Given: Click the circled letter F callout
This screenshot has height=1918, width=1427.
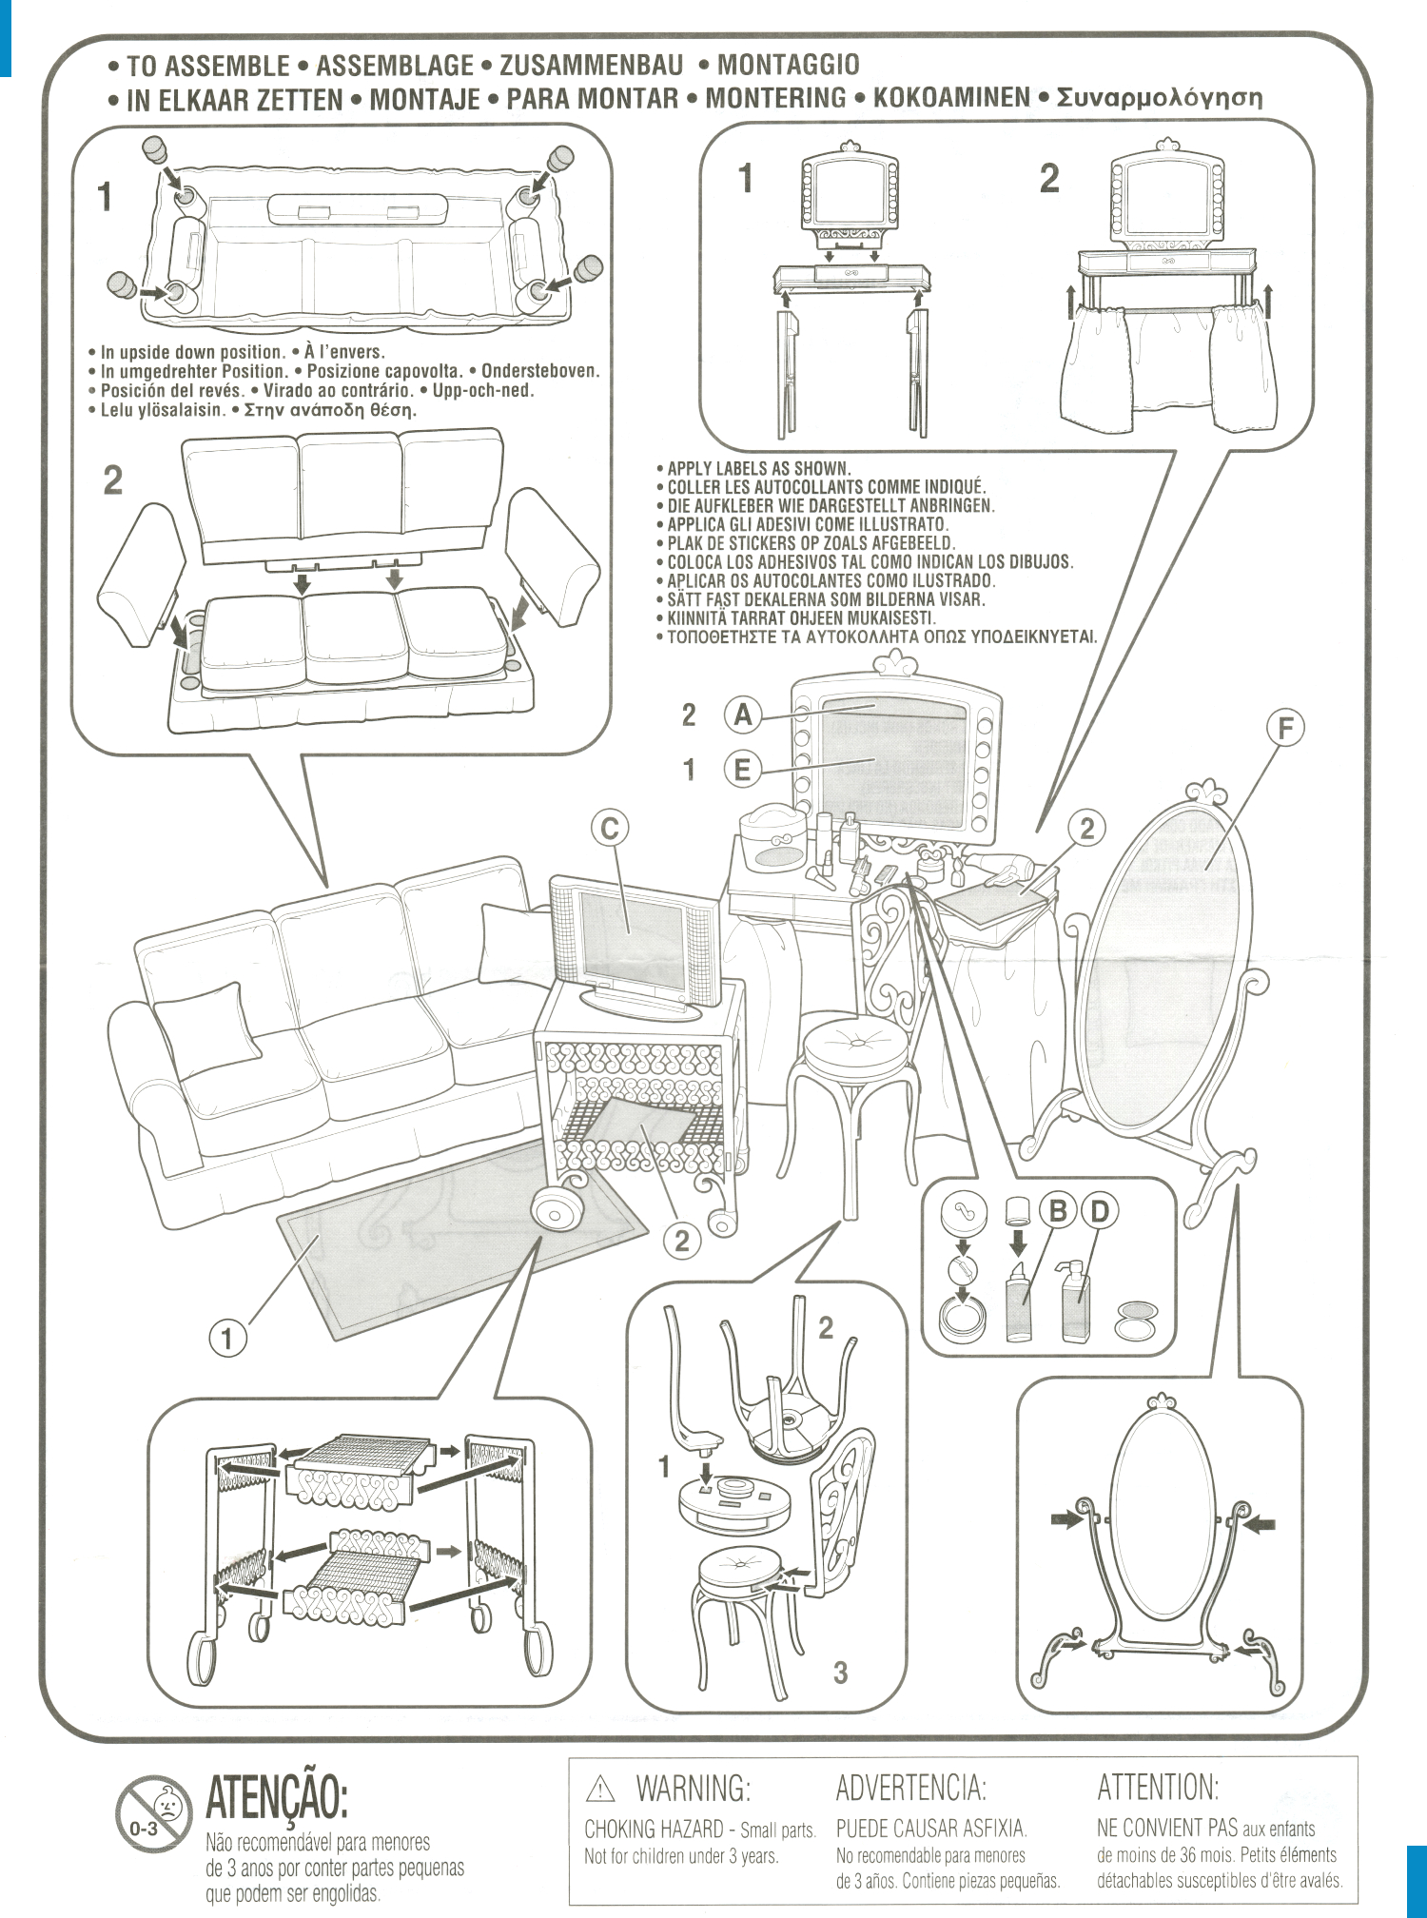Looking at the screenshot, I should coord(1285,729).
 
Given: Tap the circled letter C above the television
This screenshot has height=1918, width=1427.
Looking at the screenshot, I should coord(610,828).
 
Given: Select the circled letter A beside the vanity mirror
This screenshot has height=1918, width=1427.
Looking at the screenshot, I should coord(743,714).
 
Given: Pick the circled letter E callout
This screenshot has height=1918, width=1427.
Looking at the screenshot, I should coord(743,769).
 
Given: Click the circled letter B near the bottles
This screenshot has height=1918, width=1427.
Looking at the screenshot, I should coord(1056,1211).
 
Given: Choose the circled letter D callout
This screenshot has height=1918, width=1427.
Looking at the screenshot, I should coord(1099,1211).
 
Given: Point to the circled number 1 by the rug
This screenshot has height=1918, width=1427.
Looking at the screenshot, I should coord(227,1339).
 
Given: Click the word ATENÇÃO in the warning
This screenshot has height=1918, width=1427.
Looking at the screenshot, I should coord(277,1796).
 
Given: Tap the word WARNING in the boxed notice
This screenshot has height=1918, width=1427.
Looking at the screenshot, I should coord(693,1789).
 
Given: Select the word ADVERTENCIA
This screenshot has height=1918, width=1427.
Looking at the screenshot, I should coord(910,1789).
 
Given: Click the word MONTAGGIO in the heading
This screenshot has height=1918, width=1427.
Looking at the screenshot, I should coord(788,65).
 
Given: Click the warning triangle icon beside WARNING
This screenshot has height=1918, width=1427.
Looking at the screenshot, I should coord(600,1791).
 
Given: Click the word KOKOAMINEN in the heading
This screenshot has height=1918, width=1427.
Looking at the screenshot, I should coord(951,97).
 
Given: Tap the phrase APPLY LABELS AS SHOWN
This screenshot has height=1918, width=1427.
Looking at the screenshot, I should coord(758,468).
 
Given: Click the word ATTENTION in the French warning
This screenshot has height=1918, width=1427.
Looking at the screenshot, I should coord(1158,1788).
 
